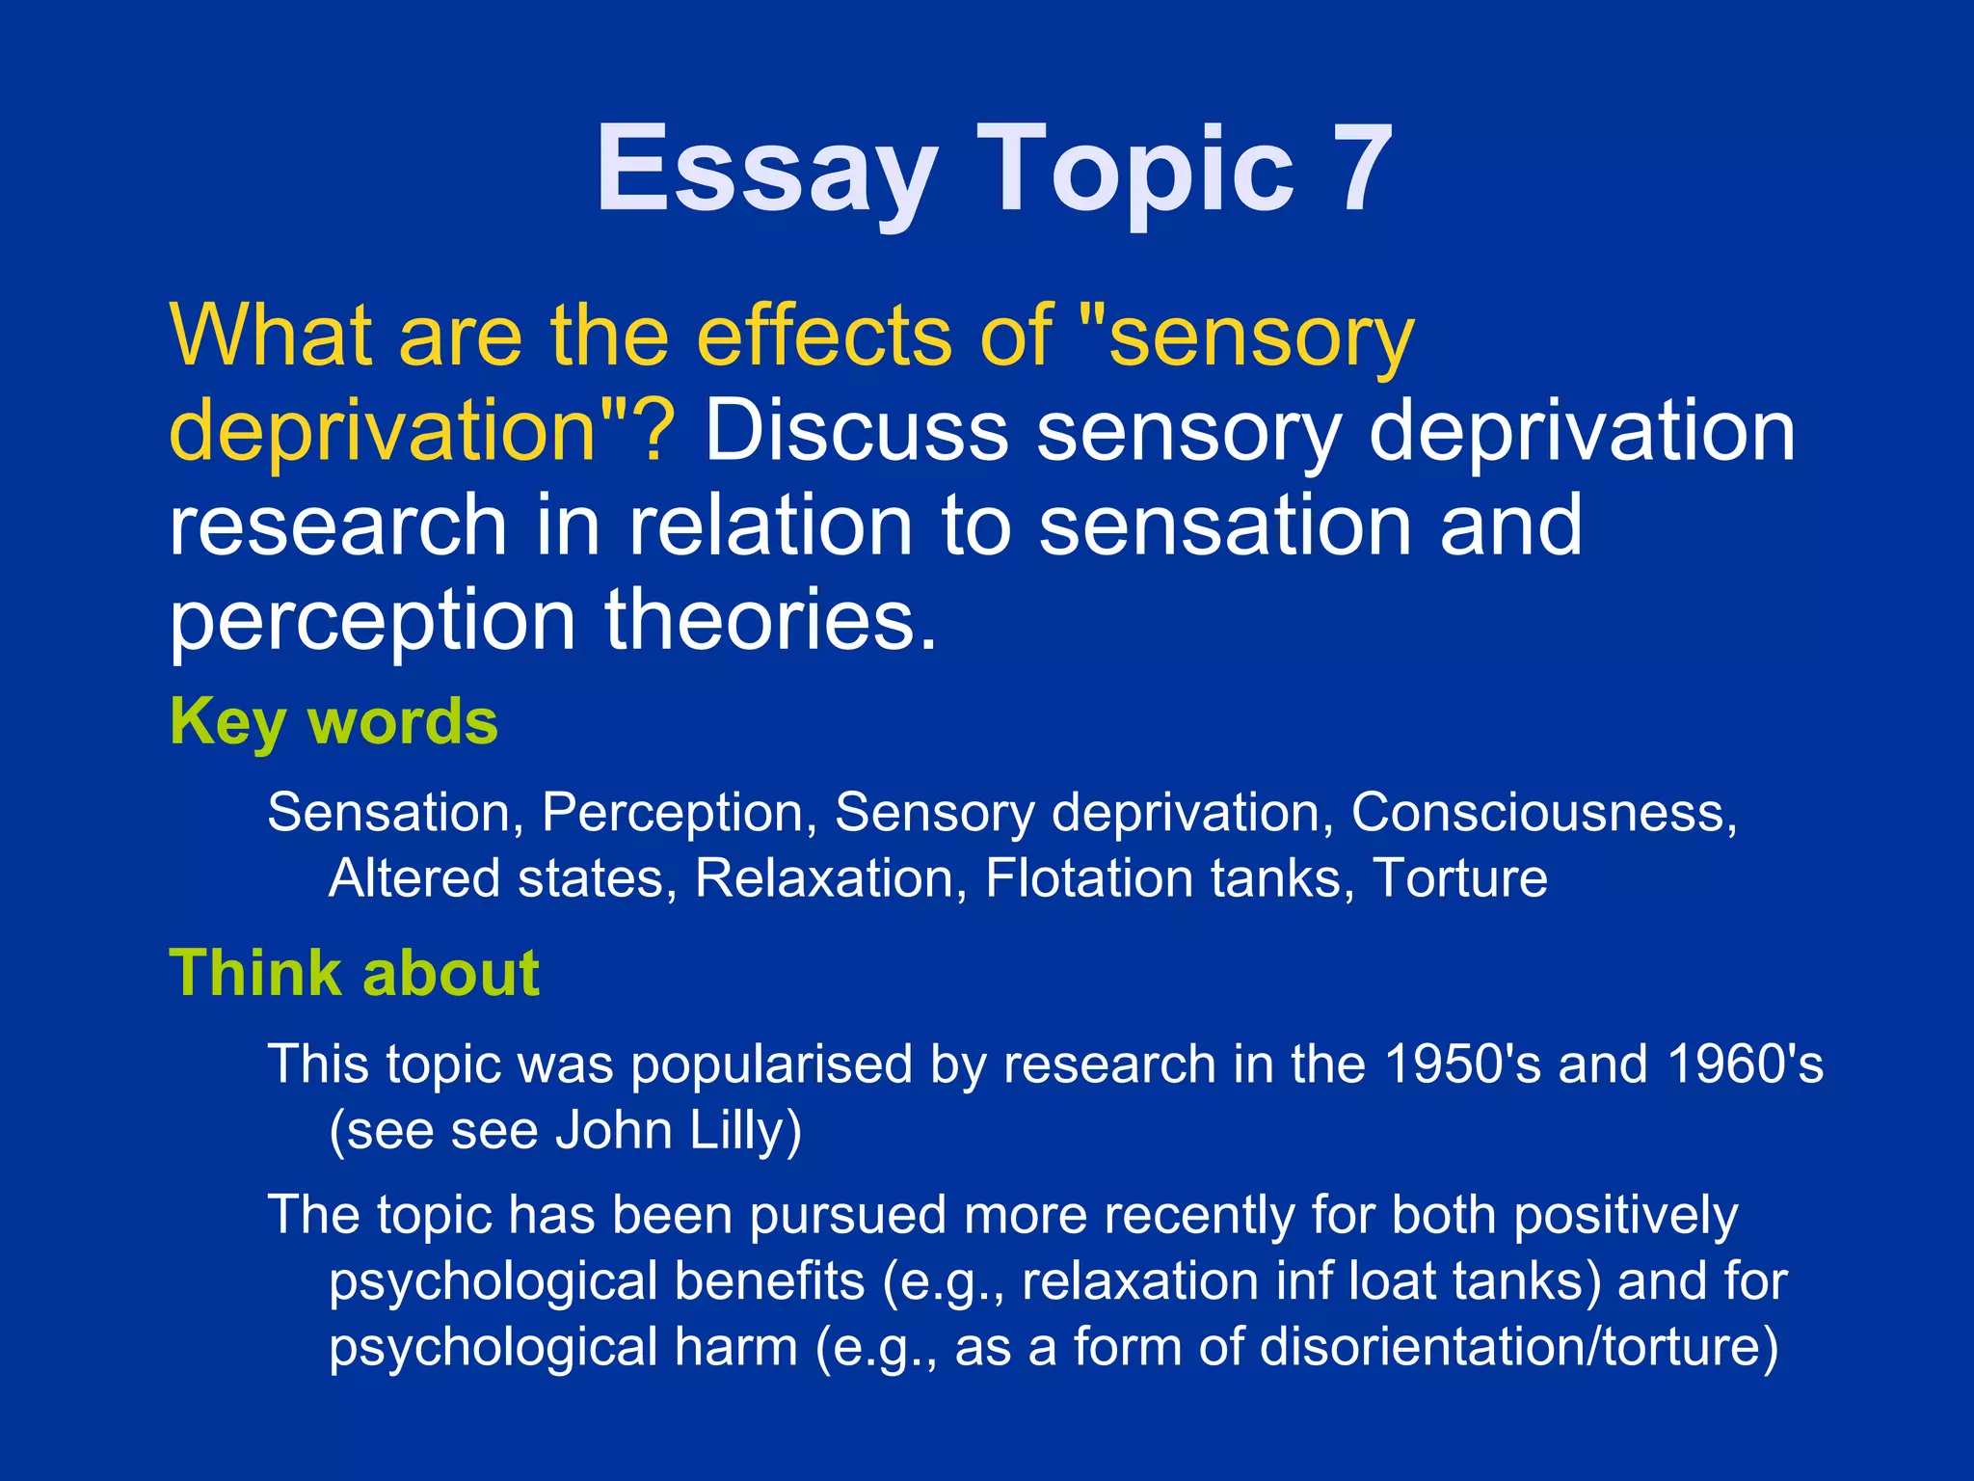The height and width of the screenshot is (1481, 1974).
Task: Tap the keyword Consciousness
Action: tap(1543, 812)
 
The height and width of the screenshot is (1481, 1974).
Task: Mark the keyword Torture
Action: tap(1459, 878)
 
